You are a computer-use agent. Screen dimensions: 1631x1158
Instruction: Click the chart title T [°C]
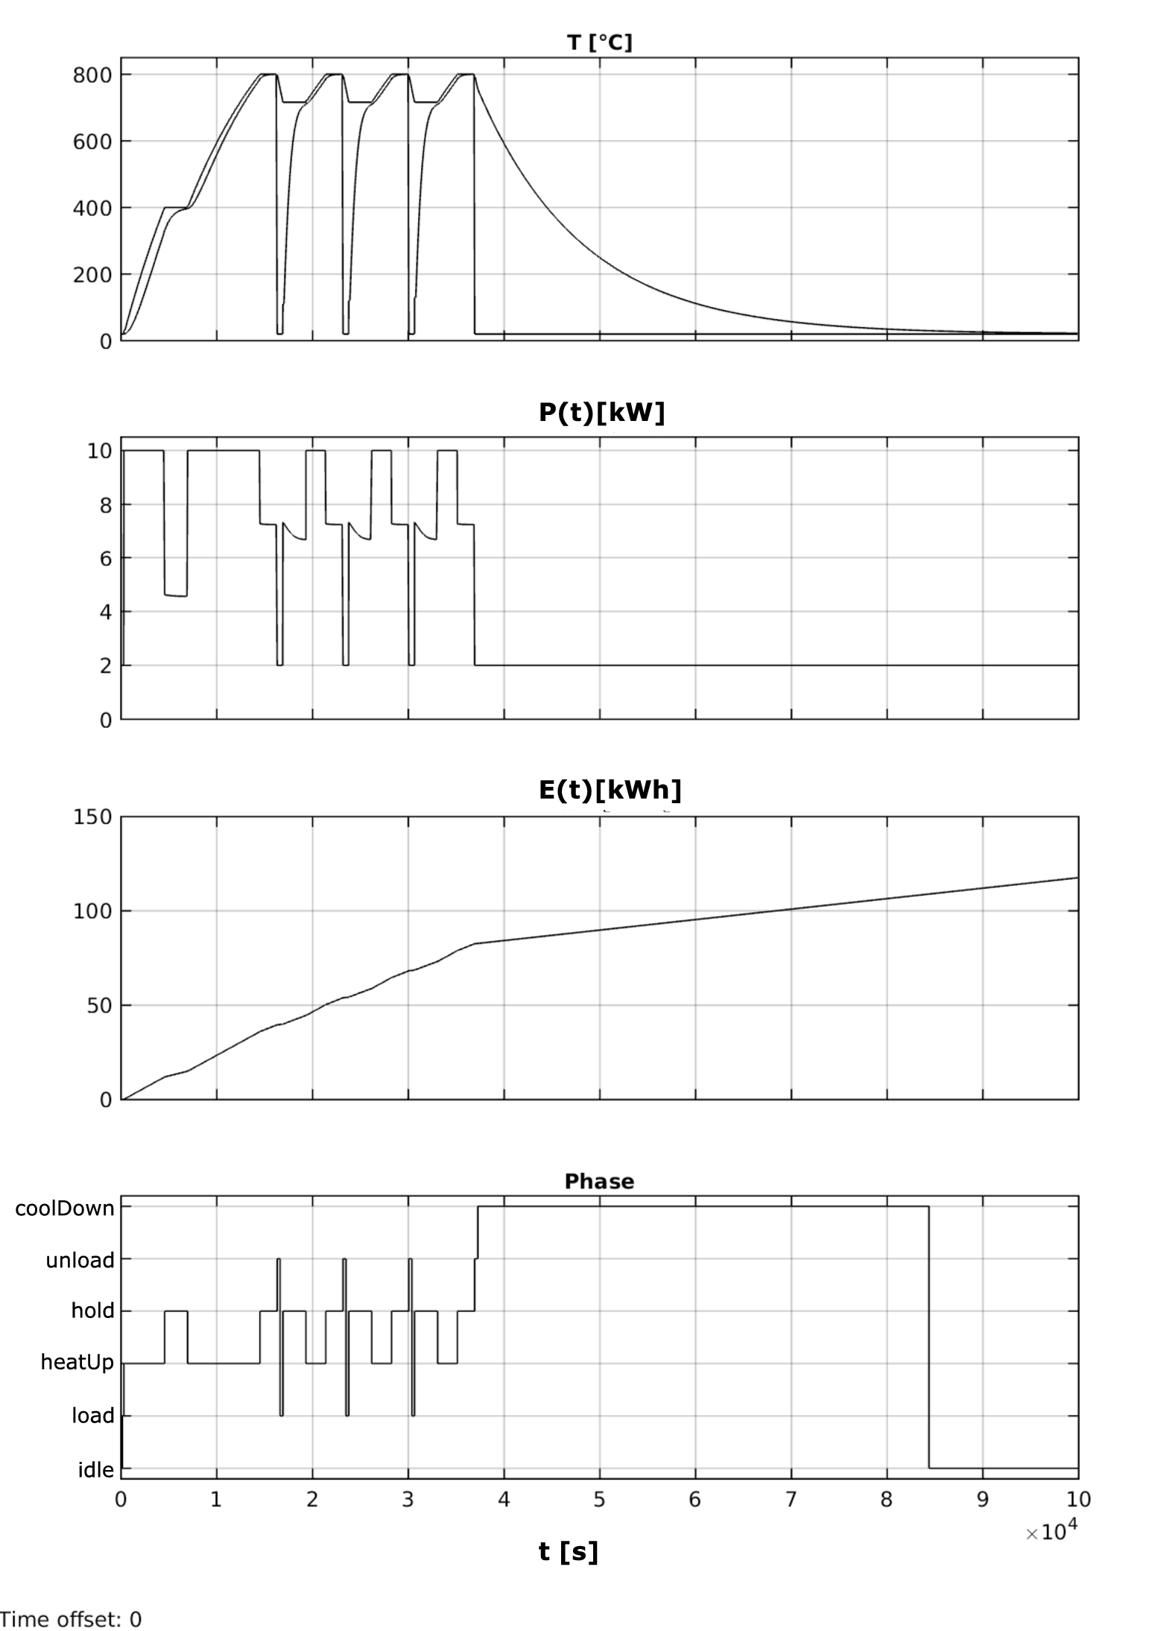pyautogui.click(x=599, y=42)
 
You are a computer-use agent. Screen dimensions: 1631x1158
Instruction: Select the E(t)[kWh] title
pyautogui.click(x=610, y=790)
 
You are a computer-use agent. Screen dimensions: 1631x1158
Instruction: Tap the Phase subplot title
pyautogui.click(x=599, y=1181)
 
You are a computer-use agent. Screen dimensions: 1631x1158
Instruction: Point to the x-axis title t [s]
pyautogui.click(x=568, y=1551)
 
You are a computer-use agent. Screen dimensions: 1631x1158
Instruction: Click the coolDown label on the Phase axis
pyautogui.click(x=65, y=1208)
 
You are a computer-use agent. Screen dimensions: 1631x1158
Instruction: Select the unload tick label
pyautogui.click(x=80, y=1261)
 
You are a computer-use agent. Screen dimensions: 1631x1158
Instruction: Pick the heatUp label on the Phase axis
pyautogui.click(x=77, y=1363)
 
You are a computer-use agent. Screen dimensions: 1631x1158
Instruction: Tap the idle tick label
pyautogui.click(x=96, y=1469)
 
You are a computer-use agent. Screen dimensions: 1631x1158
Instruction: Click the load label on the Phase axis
pyautogui.click(x=92, y=1416)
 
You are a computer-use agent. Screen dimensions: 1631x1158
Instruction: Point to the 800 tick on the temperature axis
pyautogui.click(x=92, y=75)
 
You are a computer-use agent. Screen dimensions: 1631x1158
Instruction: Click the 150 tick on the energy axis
pyautogui.click(x=92, y=817)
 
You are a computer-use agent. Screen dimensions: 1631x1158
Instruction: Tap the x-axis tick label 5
pyautogui.click(x=599, y=1499)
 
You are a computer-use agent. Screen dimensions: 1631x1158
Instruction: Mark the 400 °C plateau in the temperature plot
pyautogui.click(x=176, y=207)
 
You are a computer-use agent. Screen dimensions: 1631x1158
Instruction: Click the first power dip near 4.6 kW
pyautogui.click(x=176, y=595)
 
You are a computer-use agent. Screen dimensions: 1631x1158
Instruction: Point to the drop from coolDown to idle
pyautogui.click(x=928, y=1341)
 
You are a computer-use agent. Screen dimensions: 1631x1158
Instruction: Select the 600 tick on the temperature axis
pyautogui.click(x=92, y=142)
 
